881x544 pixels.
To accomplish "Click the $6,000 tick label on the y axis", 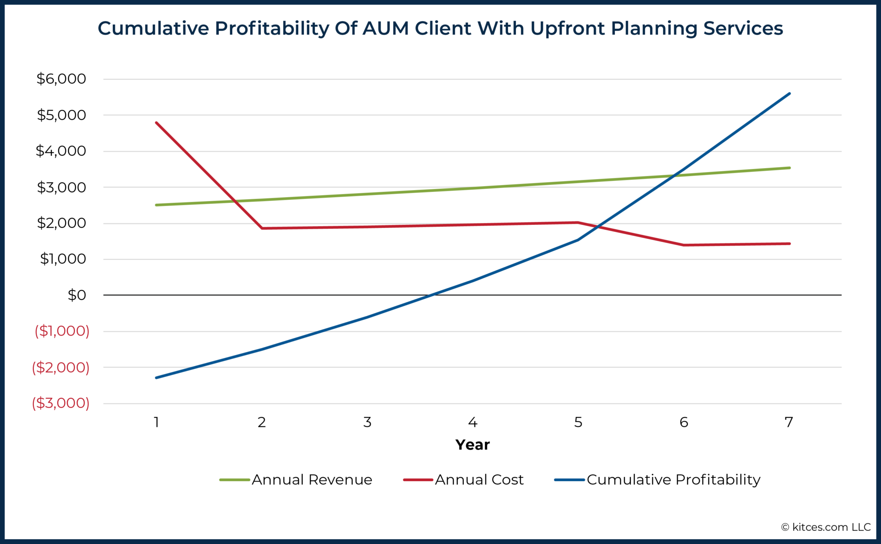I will tap(61, 79).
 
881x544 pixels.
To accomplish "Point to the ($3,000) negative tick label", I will tap(61, 403).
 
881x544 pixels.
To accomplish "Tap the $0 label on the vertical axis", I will tap(77, 295).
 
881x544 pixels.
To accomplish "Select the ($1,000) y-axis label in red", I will tap(62, 331).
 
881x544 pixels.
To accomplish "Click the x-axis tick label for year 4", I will tap(473, 423).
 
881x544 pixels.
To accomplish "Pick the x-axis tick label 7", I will tap(789, 423).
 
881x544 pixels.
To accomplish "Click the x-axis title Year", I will tap(472, 445).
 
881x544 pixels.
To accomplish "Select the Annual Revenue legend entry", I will tap(296, 480).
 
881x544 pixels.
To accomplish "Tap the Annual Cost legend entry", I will tap(463, 480).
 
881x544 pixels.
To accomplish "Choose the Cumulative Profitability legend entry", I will tap(658, 480).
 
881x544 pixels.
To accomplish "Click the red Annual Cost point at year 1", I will tap(156, 122).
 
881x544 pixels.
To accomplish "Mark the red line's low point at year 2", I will tap(262, 228).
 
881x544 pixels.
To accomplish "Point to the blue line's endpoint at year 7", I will tap(789, 93).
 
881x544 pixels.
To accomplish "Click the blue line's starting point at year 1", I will tap(156, 378).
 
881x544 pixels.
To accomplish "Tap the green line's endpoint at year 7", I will tap(789, 168).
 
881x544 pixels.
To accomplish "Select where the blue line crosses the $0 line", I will tap(434, 295).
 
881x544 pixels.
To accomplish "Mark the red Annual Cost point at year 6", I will tap(684, 245).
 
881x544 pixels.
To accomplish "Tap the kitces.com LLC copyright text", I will tap(826, 527).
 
